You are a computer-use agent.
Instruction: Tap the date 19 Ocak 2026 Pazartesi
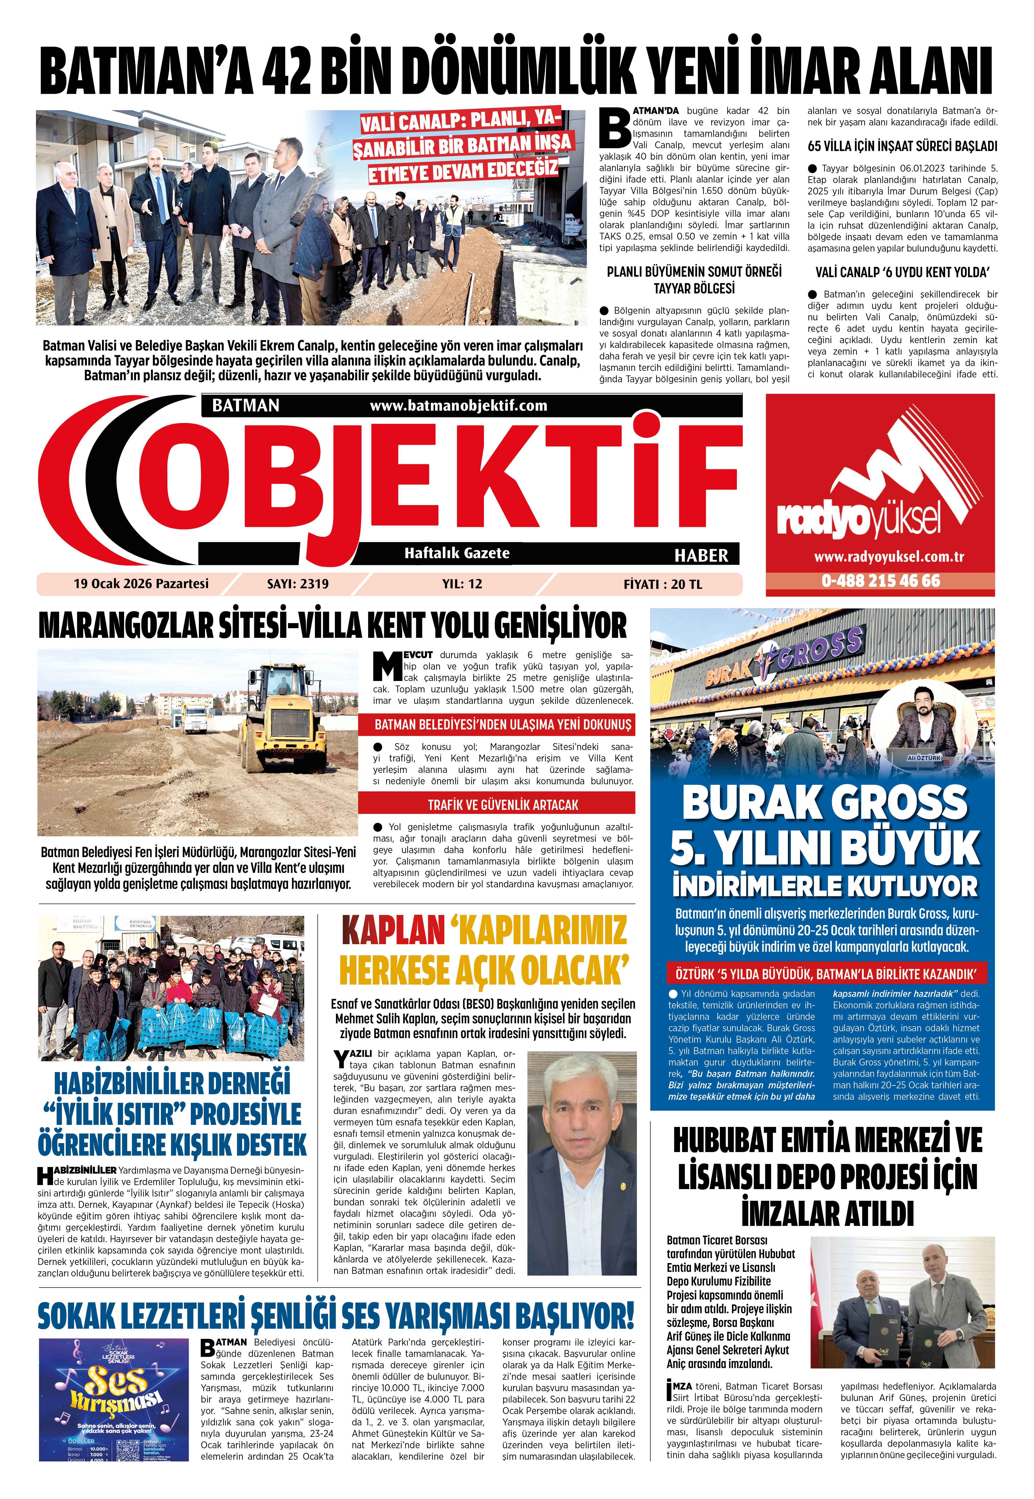pos(141,583)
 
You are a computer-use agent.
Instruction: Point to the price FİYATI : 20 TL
pos(662,584)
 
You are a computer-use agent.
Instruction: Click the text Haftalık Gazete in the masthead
pos(457,553)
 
